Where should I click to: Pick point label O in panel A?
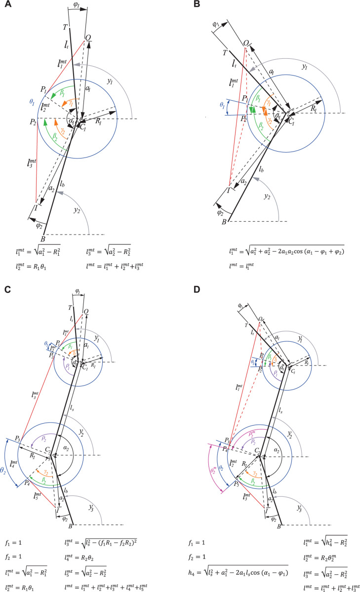tap(88, 38)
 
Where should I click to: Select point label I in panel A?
tap(36, 208)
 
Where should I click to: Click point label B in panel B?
tap(225, 222)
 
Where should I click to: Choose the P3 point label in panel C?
tap(17, 438)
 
